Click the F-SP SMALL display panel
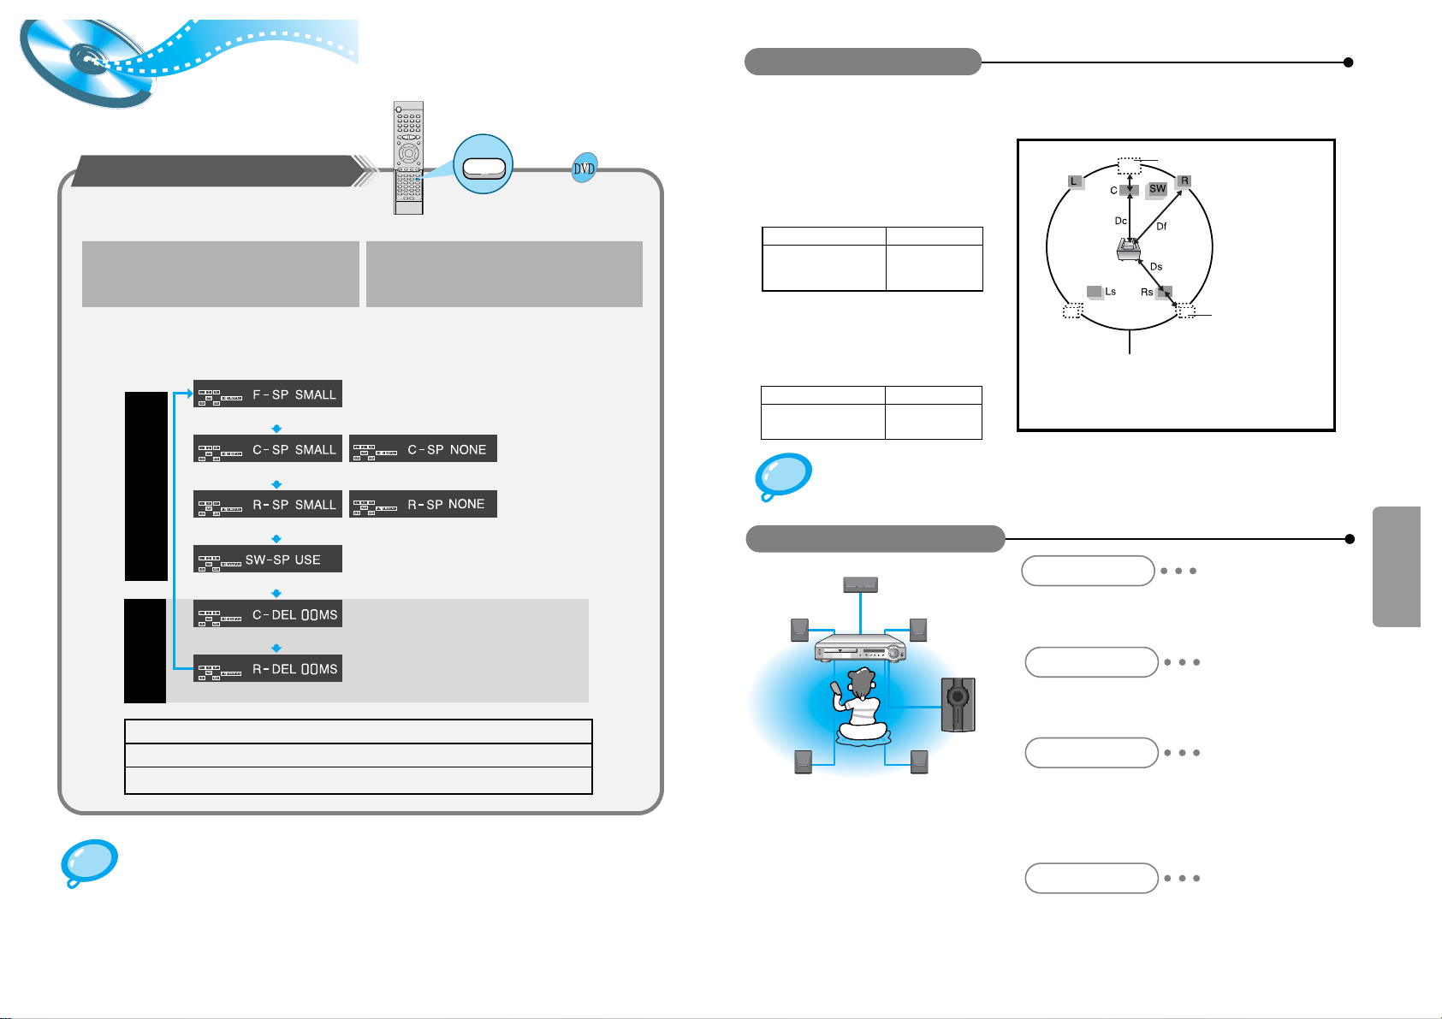pos(268,394)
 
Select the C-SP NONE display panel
pos(423,449)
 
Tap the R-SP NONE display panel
pos(423,504)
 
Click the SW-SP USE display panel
pos(268,559)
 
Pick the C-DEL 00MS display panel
pos(268,613)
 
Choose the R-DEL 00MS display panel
pos(268,668)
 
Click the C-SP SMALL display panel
pos(268,449)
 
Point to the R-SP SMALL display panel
pos(268,504)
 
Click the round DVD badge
pos(585,169)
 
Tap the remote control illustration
pos(408,157)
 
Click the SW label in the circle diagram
pos(1157,189)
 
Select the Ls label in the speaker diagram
pos(1110,292)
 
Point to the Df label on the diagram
pos(1161,227)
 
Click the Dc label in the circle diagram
pos(1120,221)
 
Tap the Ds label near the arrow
pos(1156,267)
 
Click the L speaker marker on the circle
pos(1075,181)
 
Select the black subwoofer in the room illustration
pos(958,704)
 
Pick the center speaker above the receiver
pos(860,584)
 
